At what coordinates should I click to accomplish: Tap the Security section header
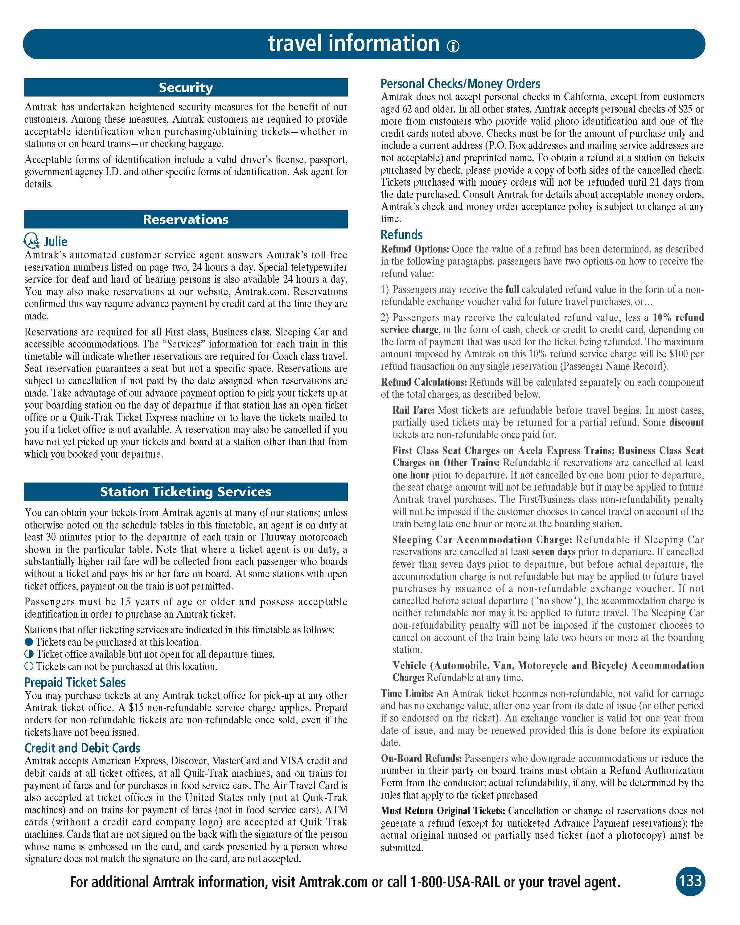(x=186, y=88)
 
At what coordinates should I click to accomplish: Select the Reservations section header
(x=186, y=219)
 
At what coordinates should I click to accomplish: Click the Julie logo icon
(x=32, y=241)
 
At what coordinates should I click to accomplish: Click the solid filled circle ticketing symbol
(x=29, y=642)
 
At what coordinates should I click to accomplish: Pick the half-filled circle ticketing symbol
(x=29, y=654)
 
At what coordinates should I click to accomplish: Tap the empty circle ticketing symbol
(x=29, y=666)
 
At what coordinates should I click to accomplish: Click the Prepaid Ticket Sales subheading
(x=75, y=682)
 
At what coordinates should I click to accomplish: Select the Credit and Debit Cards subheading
(x=82, y=748)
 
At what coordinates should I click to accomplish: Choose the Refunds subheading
(x=401, y=234)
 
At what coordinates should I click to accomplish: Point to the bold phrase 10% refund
(x=678, y=318)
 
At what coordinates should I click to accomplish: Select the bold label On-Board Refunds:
(x=421, y=758)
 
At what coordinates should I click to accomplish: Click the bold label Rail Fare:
(x=413, y=410)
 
